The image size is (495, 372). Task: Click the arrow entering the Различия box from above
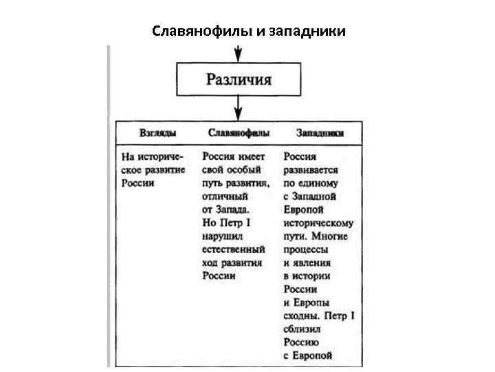pos(239,53)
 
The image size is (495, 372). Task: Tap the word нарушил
pos(219,236)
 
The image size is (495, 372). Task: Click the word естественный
pos(233,249)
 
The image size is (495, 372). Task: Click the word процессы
pos(305,249)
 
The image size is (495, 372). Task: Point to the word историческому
pos(318,223)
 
